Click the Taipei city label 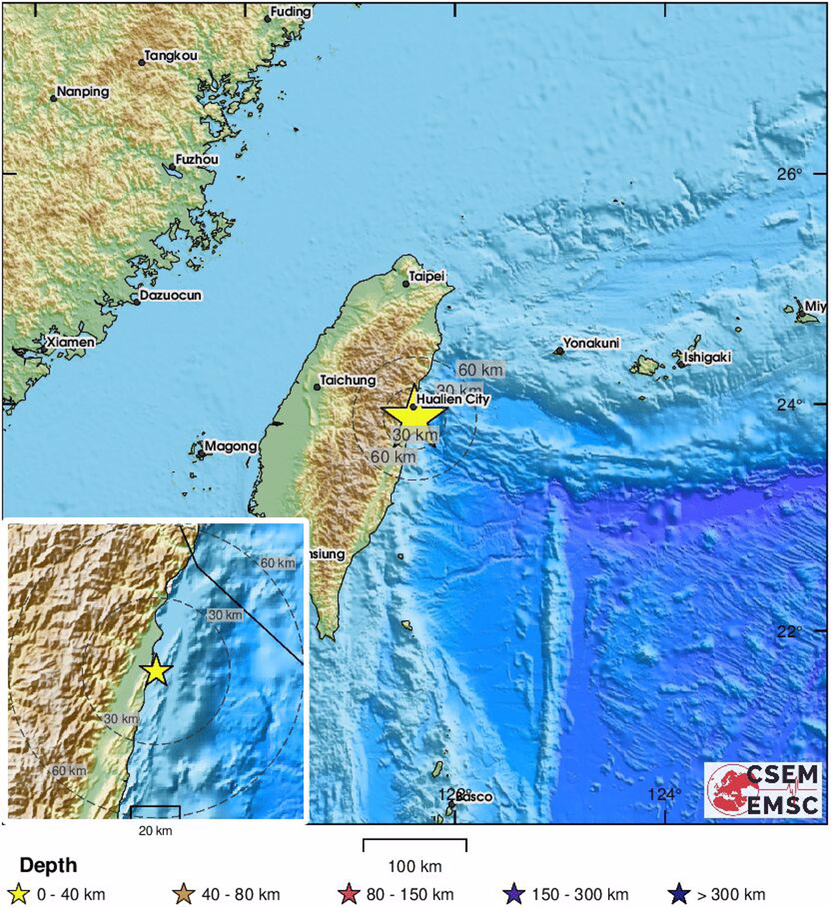click(427, 276)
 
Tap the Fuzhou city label click(197, 160)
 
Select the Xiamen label click(71, 342)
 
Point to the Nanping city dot click(54, 99)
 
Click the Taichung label click(348, 380)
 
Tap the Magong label click(231, 446)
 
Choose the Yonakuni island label click(591, 343)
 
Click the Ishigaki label click(707, 357)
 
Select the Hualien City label click(453, 399)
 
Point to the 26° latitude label click(789, 174)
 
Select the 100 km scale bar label click(415, 866)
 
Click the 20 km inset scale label click(155, 830)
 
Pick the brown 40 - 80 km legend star click(184, 894)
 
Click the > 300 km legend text click(730, 894)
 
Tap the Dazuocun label click(170, 296)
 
